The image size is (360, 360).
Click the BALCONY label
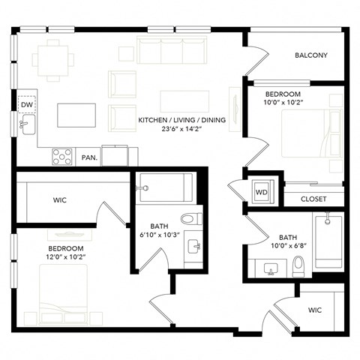coord(311,55)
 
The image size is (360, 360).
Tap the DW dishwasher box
coord(27,104)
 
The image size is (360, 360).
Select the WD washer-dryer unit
coord(262,192)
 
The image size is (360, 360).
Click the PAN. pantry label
coord(89,157)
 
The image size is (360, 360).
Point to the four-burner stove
coord(62,157)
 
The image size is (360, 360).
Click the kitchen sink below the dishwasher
coord(28,124)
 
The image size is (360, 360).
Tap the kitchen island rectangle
coord(76,115)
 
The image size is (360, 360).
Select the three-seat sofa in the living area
coord(172,50)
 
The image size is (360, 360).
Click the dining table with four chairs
coord(53,61)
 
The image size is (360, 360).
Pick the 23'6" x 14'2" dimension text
coord(181,129)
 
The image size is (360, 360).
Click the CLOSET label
coord(313,199)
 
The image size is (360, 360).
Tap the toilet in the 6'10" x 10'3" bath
coord(191,219)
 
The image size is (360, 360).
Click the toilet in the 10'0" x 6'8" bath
coord(298,266)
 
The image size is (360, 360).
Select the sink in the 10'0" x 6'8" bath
coord(271,268)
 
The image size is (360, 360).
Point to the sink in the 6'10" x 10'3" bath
coord(194,247)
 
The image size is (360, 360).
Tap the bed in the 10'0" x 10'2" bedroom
coord(312,133)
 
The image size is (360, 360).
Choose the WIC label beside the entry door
coord(315,310)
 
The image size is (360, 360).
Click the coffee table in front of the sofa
coord(184,101)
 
